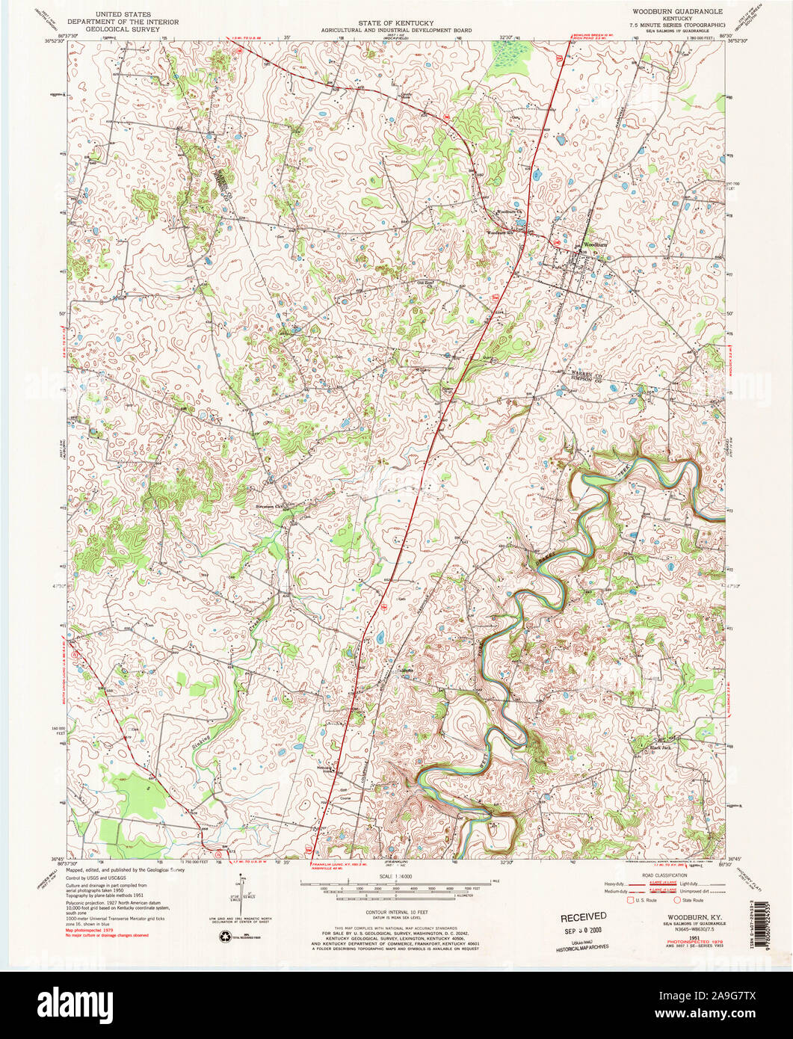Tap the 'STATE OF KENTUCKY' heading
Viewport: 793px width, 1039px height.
click(x=395, y=24)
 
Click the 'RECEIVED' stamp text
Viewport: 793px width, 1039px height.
click(x=584, y=916)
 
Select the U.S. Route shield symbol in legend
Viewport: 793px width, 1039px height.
click(x=631, y=901)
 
